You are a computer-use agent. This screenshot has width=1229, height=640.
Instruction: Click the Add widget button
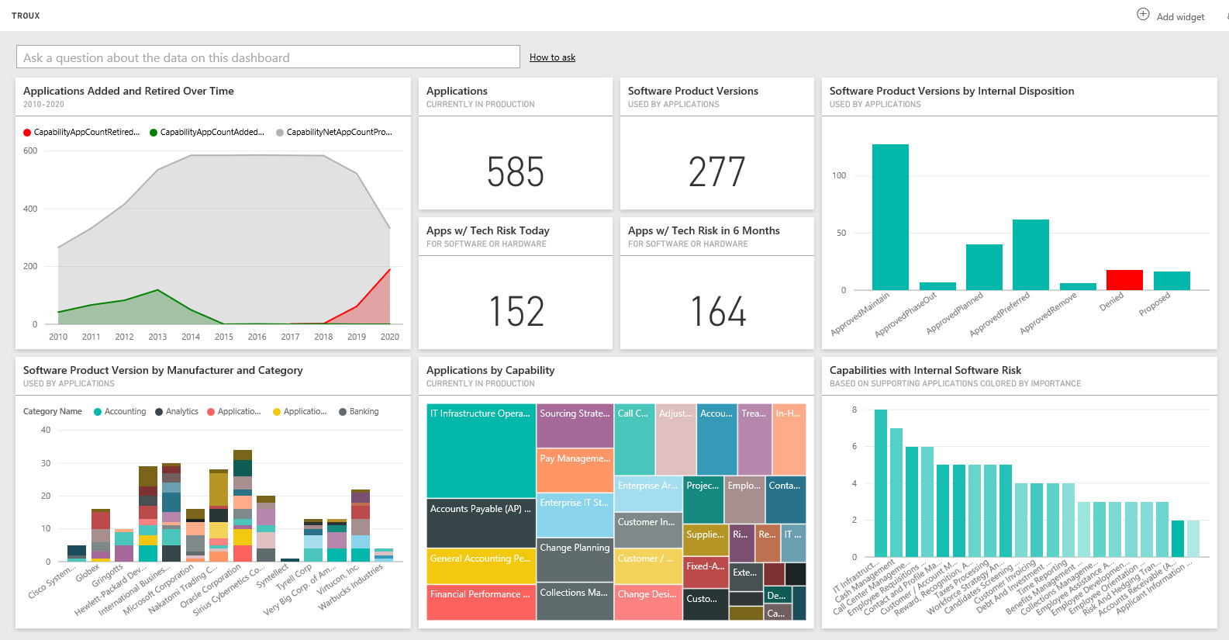tap(1172, 16)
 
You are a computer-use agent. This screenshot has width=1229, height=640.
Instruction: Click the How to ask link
tap(552, 57)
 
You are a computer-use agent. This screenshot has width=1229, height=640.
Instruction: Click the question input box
tap(268, 57)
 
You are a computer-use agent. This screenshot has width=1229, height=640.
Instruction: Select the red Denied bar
tap(1124, 280)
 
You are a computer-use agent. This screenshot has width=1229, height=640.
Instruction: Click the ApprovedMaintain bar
tap(890, 217)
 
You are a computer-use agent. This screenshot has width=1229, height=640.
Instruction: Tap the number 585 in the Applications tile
tap(516, 171)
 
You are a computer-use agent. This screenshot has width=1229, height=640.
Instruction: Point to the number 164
tap(718, 311)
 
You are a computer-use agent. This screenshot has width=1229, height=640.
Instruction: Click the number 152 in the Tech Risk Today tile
tap(516, 311)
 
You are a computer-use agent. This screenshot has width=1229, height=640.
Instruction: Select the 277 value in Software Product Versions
tap(717, 171)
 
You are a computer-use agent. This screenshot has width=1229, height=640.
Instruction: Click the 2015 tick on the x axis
tap(224, 337)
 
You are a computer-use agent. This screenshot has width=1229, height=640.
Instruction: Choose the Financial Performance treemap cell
tap(481, 603)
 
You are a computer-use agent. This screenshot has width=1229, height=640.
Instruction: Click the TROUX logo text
tap(26, 16)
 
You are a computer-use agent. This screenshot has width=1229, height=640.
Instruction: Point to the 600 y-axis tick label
tap(30, 151)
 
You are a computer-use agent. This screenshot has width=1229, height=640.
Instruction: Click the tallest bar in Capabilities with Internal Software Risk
tap(880, 483)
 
